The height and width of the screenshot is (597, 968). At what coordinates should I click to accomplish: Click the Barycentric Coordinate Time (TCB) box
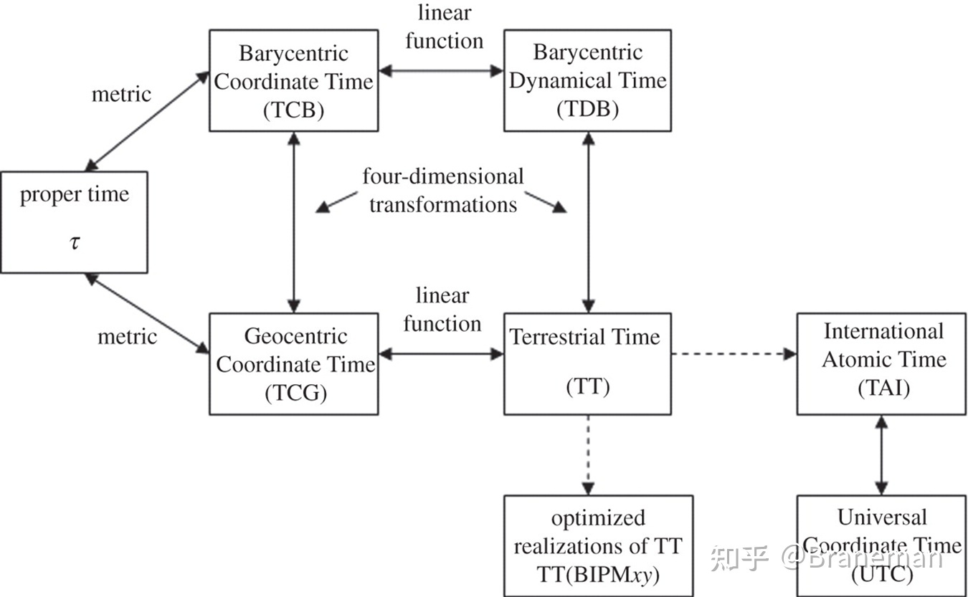293,80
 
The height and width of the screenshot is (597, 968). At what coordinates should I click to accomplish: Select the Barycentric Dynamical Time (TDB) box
587,80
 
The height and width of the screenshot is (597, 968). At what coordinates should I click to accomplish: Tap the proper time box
74,222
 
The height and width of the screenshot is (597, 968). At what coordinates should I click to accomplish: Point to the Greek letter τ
75,242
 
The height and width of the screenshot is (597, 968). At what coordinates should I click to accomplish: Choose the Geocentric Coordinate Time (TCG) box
293,363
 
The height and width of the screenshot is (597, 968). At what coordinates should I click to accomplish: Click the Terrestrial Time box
587,363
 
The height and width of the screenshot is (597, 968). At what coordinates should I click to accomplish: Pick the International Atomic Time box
881,363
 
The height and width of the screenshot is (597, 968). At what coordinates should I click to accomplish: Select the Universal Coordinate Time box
881,545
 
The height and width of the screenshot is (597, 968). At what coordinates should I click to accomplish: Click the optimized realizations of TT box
598,545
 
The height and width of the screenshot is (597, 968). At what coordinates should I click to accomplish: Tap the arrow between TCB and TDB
441,70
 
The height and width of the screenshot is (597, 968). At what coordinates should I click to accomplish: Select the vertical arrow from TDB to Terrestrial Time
588,222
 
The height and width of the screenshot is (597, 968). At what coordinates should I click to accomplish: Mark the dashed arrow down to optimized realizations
588,454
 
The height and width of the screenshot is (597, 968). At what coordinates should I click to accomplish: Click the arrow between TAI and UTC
881,454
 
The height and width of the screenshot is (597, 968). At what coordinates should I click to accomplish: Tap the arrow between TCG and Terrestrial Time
441,353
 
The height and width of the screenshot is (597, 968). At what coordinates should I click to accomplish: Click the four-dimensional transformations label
442,190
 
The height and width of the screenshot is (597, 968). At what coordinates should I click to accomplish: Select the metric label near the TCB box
121,94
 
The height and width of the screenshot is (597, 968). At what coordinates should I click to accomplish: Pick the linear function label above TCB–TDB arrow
445,27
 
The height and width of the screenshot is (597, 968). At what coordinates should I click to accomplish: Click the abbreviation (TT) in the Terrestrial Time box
587,388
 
